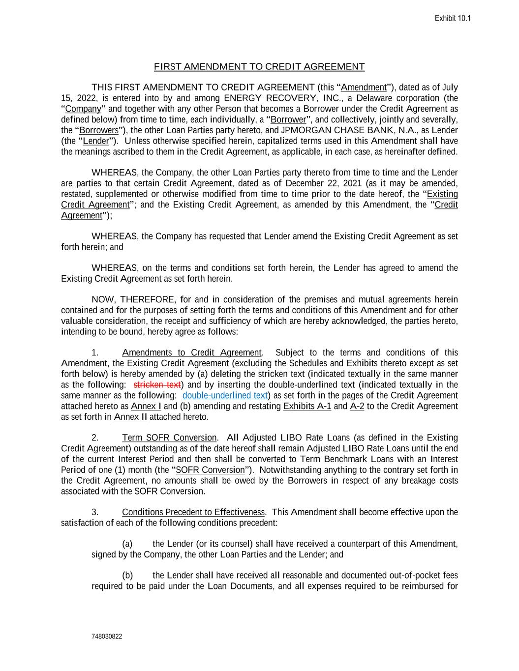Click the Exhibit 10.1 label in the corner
[453, 19]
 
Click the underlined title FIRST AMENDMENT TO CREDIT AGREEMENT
[259, 67]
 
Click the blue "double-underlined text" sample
[225, 395]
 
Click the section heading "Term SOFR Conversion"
[169, 438]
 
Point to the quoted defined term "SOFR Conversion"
[210, 470]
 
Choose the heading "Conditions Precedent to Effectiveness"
[193, 512]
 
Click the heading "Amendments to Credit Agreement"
[191, 352]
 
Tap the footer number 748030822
[107, 637]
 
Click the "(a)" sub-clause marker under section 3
[127, 544]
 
